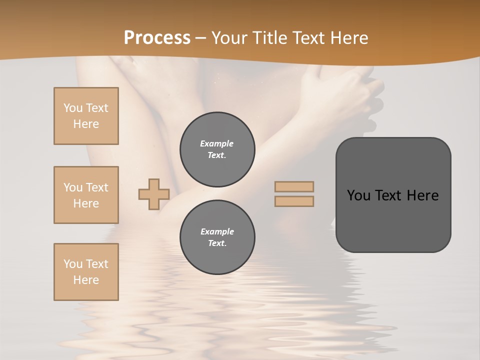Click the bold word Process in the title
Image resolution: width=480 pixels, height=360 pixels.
(x=157, y=38)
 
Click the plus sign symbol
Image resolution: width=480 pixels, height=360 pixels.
(x=154, y=194)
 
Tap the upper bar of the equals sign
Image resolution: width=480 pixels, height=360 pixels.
(x=294, y=186)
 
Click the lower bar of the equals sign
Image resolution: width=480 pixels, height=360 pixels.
(x=294, y=201)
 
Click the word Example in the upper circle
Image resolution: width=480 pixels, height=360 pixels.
(x=216, y=143)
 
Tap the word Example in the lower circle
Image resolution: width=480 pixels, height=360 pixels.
(x=217, y=231)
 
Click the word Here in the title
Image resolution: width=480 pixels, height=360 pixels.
(x=347, y=38)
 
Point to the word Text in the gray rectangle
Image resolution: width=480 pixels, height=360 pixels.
(x=389, y=195)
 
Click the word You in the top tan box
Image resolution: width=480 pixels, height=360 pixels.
(x=73, y=108)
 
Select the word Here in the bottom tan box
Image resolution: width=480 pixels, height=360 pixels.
(x=86, y=280)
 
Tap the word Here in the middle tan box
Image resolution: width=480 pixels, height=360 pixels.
(x=86, y=203)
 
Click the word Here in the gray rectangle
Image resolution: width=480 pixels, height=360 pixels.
(x=423, y=195)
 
